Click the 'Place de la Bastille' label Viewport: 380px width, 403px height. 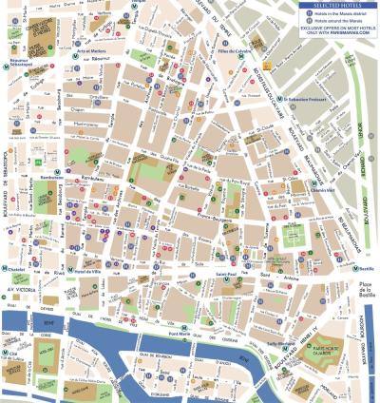click(361, 276)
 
